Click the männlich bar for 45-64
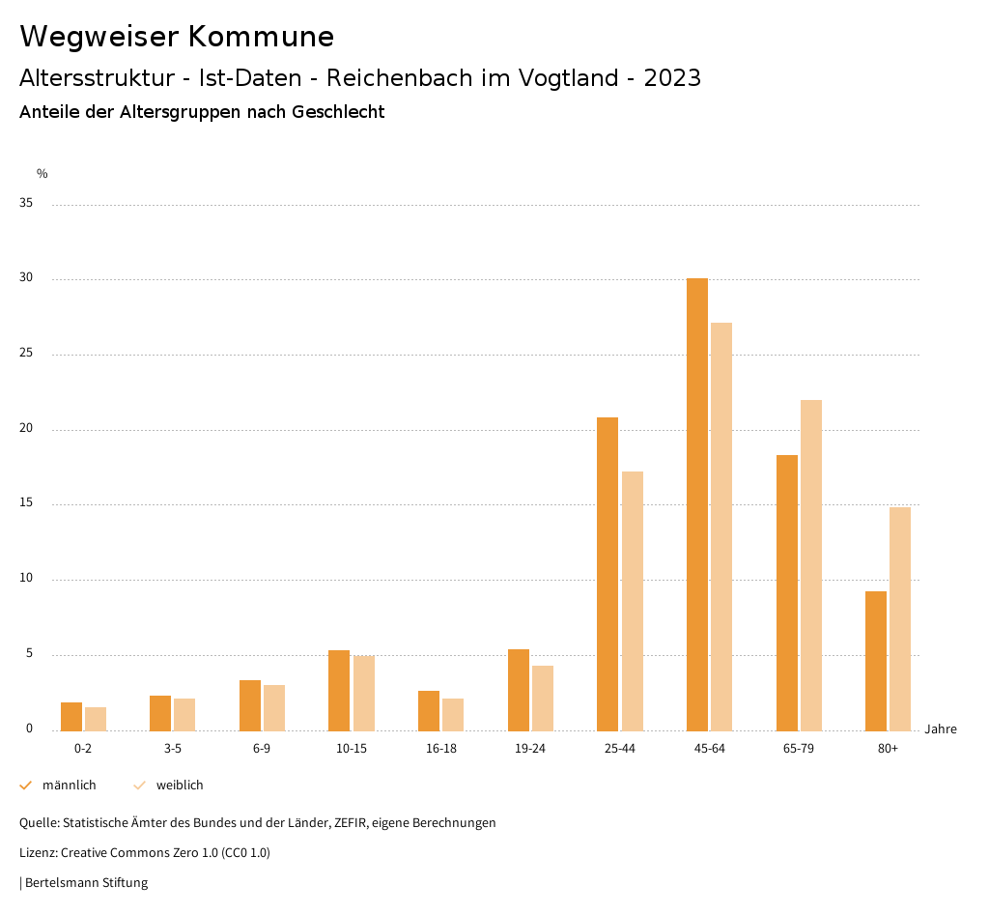(697, 504)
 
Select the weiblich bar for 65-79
(811, 565)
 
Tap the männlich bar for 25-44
(608, 574)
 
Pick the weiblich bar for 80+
(900, 618)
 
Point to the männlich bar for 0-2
(71, 716)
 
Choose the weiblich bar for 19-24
(543, 698)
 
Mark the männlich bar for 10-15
(339, 690)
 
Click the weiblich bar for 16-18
(453, 714)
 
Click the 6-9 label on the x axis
(262, 749)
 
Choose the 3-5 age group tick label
(173, 749)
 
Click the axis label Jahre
(941, 729)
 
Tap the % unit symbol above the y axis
(42, 174)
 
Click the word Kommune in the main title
(261, 37)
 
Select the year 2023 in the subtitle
(672, 78)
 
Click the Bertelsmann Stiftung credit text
(86, 883)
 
